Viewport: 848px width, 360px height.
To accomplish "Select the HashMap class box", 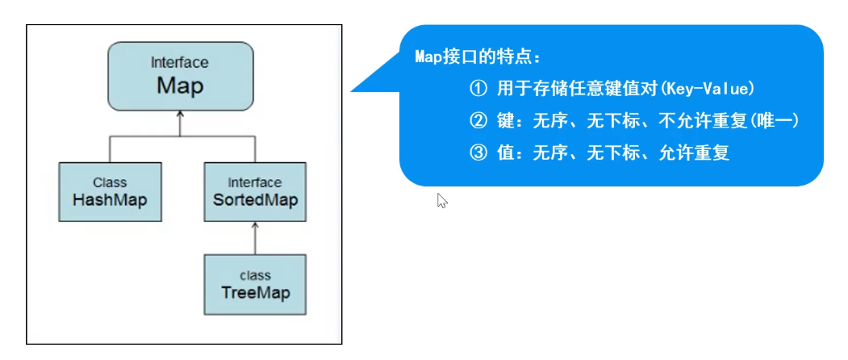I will click(110, 192).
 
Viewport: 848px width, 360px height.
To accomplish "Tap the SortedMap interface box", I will click(255, 192).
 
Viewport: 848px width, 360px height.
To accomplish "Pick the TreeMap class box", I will click(255, 284).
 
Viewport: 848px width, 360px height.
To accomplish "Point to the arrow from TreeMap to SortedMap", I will click(255, 238).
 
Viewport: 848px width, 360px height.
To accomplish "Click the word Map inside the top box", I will click(180, 85).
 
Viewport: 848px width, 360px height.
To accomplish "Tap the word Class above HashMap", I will click(110, 182).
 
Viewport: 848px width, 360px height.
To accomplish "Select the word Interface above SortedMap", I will click(255, 182).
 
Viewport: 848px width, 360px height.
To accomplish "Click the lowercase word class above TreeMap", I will click(256, 275).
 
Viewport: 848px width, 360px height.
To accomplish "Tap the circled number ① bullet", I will click(478, 88).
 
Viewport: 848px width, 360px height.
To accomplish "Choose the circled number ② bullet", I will click(478, 120).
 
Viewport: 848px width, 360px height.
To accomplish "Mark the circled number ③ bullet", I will click(478, 153).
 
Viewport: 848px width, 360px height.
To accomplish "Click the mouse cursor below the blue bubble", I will click(441, 200).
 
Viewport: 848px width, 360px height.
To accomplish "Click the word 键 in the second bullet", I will click(505, 120).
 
